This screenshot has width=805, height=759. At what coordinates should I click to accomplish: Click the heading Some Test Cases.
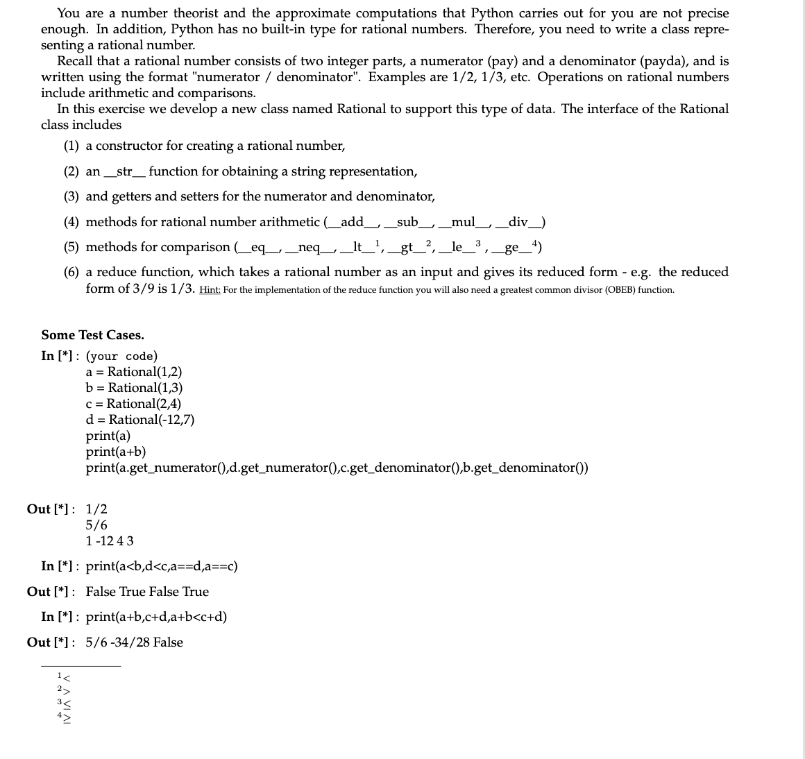(x=92, y=335)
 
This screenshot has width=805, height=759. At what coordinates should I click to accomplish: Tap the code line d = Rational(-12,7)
(x=139, y=420)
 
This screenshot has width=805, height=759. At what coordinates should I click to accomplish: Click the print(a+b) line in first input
(x=115, y=452)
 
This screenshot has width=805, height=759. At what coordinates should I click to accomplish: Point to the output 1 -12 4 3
(x=110, y=541)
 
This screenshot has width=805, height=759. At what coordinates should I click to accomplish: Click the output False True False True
(x=147, y=592)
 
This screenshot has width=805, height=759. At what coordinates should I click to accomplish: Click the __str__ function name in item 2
(x=124, y=171)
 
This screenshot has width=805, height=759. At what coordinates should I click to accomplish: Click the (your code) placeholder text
(x=121, y=357)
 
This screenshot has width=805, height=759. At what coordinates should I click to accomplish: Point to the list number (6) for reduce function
(x=71, y=273)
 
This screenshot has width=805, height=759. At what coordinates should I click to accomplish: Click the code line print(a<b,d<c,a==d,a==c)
(x=162, y=566)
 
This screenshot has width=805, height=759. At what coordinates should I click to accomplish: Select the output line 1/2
(x=96, y=509)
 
